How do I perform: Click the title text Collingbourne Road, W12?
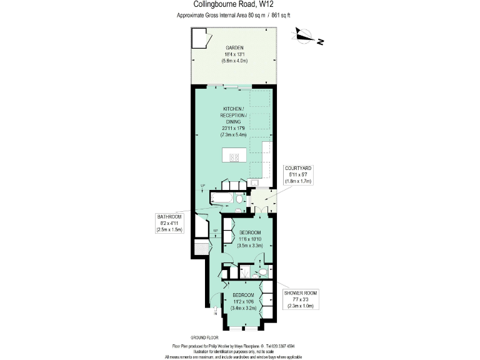click(240, 5)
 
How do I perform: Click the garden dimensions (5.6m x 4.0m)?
click(234, 61)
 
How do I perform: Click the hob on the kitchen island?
click(235, 157)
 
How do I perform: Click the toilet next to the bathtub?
click(239, 199)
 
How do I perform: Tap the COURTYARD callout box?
click(298, 174)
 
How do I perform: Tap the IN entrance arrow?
click(216, 311)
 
